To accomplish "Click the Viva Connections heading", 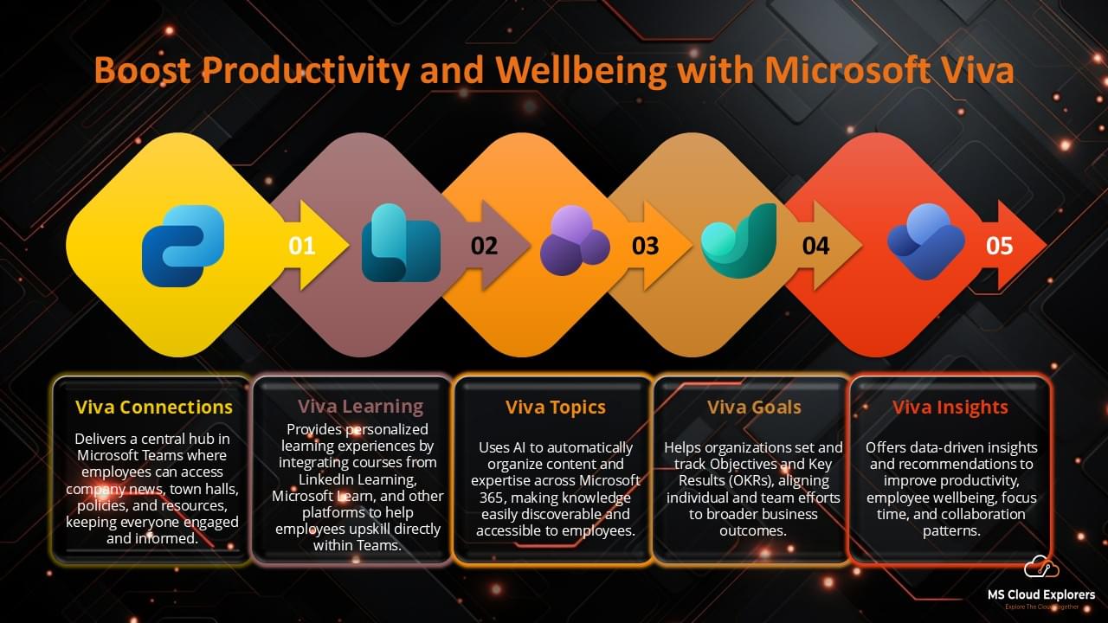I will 154,407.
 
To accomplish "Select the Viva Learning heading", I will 360,407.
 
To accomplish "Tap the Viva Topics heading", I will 556,407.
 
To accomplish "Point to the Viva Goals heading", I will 754,407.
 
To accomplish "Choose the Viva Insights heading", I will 950,407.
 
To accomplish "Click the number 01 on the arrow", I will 302,247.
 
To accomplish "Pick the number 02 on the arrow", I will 484,247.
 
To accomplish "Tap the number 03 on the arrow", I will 645,247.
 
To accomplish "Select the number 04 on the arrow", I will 815,247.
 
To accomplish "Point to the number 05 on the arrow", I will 999,247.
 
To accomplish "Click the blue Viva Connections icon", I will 183,246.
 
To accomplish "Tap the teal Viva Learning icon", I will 400,244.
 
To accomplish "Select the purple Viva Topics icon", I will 574,241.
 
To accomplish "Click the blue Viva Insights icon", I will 925,241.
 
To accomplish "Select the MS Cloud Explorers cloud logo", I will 1041,568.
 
